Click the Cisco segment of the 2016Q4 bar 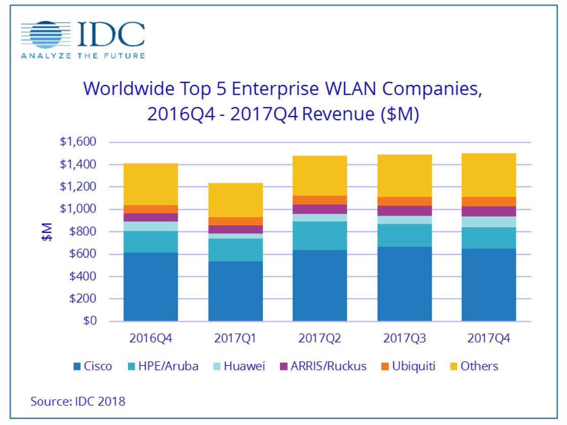pos(151,286)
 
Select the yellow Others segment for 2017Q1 pos(235,200)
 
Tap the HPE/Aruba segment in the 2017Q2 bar pos(319,236)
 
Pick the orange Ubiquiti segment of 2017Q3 pos(404,201)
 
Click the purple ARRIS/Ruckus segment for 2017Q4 pos(489,211)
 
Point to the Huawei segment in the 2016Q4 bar pos(151,226)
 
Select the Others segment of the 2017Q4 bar pos(489,175)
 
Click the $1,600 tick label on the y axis pos(78,141)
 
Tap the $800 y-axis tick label pos(83,231)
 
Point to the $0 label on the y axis pos(90,321)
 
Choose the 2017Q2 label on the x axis pos(319,338)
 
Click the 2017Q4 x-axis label pos(489,338)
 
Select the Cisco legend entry pos(93,366)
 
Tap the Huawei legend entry pos(239,366)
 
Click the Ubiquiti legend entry pos(408,366)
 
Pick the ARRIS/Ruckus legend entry pos(323,366)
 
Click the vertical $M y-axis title pos(47,232)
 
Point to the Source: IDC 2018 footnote pos(78,401)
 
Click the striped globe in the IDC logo pos(46,35)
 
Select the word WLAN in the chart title pos(351,89)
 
